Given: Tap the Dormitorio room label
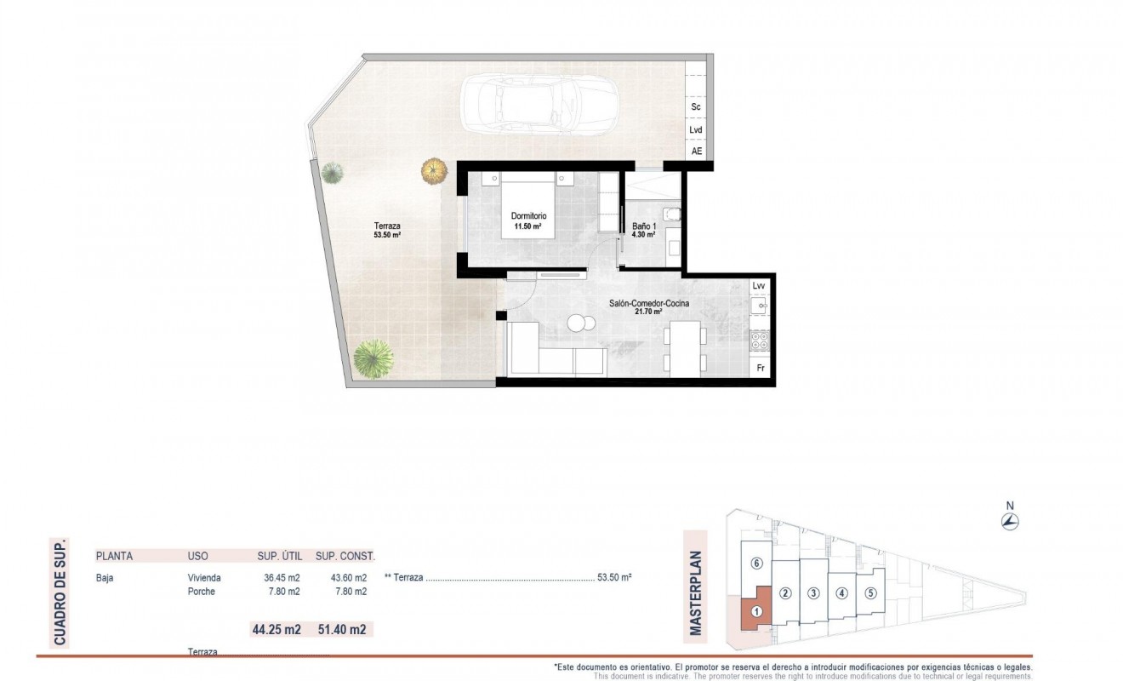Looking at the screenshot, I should [x=528, y=215].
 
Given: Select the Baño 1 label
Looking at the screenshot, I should [x=643, y=227].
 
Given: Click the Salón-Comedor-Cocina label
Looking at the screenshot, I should [x=648, y=304].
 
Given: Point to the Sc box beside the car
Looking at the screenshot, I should [x=695, y=107].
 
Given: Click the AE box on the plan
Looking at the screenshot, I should [x=697, y=152].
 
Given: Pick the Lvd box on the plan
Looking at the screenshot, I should [x=695, y=130].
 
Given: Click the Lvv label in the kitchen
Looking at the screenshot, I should [x=759, y=286].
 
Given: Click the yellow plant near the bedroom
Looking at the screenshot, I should [x=434, y=169].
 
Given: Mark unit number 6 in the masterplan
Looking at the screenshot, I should [x=756, y=564].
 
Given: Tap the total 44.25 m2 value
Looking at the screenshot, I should [x=276, y=631].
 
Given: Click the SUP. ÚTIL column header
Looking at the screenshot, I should [x=279, y=557].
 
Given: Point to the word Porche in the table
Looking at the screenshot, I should [x=202, y=592].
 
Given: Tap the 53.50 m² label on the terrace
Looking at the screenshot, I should [x=387, y=235].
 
